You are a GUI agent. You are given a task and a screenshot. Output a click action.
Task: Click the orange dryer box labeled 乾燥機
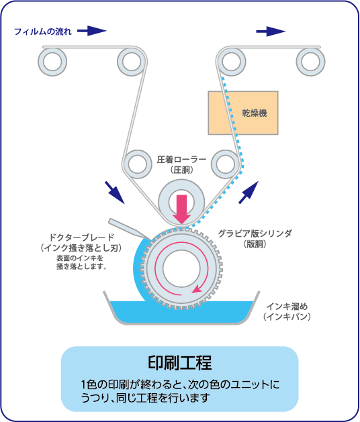tap(243, 113)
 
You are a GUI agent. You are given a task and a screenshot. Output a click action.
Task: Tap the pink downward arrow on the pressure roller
tap(181, 209)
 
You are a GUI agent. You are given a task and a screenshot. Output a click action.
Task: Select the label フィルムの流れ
tap(43, 32)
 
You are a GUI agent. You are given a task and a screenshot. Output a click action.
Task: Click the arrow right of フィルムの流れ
tap(92, 31)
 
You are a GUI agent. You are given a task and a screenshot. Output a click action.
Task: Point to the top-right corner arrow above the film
tap(271, 32)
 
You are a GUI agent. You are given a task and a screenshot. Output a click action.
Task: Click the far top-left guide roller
tap(52, 62)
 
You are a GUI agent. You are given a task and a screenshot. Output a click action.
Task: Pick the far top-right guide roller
tap(310, 62)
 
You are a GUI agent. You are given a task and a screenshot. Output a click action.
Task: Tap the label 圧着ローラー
tap(181, 160)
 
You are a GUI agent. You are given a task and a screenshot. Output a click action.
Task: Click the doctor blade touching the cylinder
tap(130, 229)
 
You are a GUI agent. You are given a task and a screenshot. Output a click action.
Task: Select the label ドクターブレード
tap(82, 238)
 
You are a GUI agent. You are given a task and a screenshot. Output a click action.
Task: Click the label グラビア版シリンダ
tap(255, 233)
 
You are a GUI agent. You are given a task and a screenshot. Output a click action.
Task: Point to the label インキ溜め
tap(287, 307)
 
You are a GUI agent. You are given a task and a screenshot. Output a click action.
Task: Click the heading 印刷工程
tap(180, 362)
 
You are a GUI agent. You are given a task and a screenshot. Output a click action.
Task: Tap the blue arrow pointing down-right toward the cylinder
tap(115, 193)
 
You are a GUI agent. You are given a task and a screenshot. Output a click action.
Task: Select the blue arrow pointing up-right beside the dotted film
tap(249, 193)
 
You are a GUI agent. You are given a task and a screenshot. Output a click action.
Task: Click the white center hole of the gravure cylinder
tap(181, 268)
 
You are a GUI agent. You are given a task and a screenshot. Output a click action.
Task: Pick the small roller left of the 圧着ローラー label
tap(138, 164)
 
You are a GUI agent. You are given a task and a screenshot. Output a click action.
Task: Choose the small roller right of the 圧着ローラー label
tap(226, 164)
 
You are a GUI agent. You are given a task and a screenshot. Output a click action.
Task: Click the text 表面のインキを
tap(80, 258)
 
